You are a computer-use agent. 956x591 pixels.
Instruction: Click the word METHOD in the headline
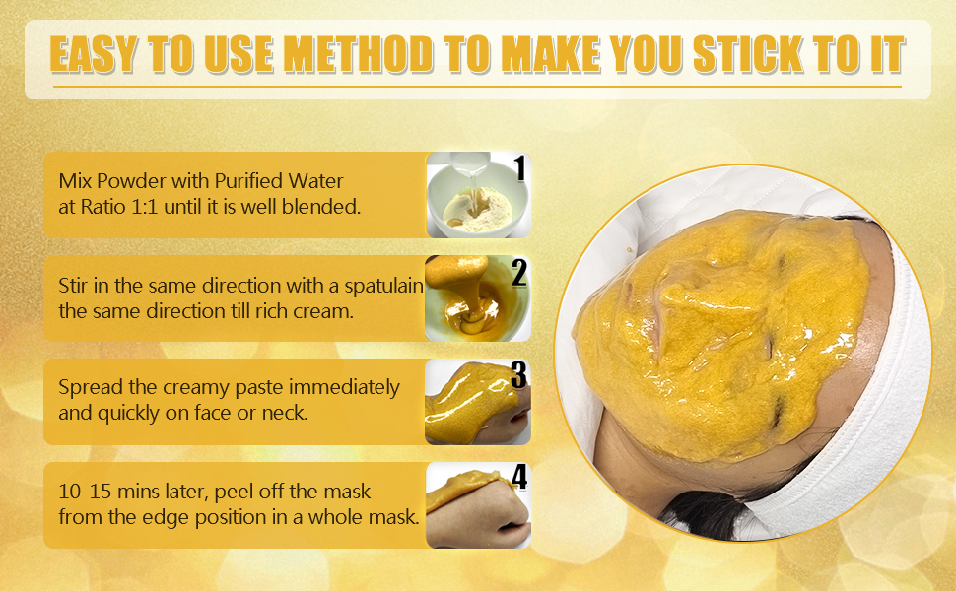[359, 54]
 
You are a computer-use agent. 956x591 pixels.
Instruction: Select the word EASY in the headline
[93, 54]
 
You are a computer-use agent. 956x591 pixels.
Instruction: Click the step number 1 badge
[519, 168]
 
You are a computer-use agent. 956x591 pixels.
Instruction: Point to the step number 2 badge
[518, 272]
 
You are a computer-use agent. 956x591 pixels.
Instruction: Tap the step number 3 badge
[518, 375]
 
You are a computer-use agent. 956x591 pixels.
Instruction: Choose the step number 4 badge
[518, 477]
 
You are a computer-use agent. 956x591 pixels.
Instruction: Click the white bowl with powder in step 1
[477, 200]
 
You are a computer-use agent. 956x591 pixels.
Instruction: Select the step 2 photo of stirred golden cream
[477, 297]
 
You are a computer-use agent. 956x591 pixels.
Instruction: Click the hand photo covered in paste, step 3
[477, 402]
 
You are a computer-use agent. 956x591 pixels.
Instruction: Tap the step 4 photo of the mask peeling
[477, 505]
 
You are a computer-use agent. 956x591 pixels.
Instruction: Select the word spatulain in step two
[383, 287]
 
